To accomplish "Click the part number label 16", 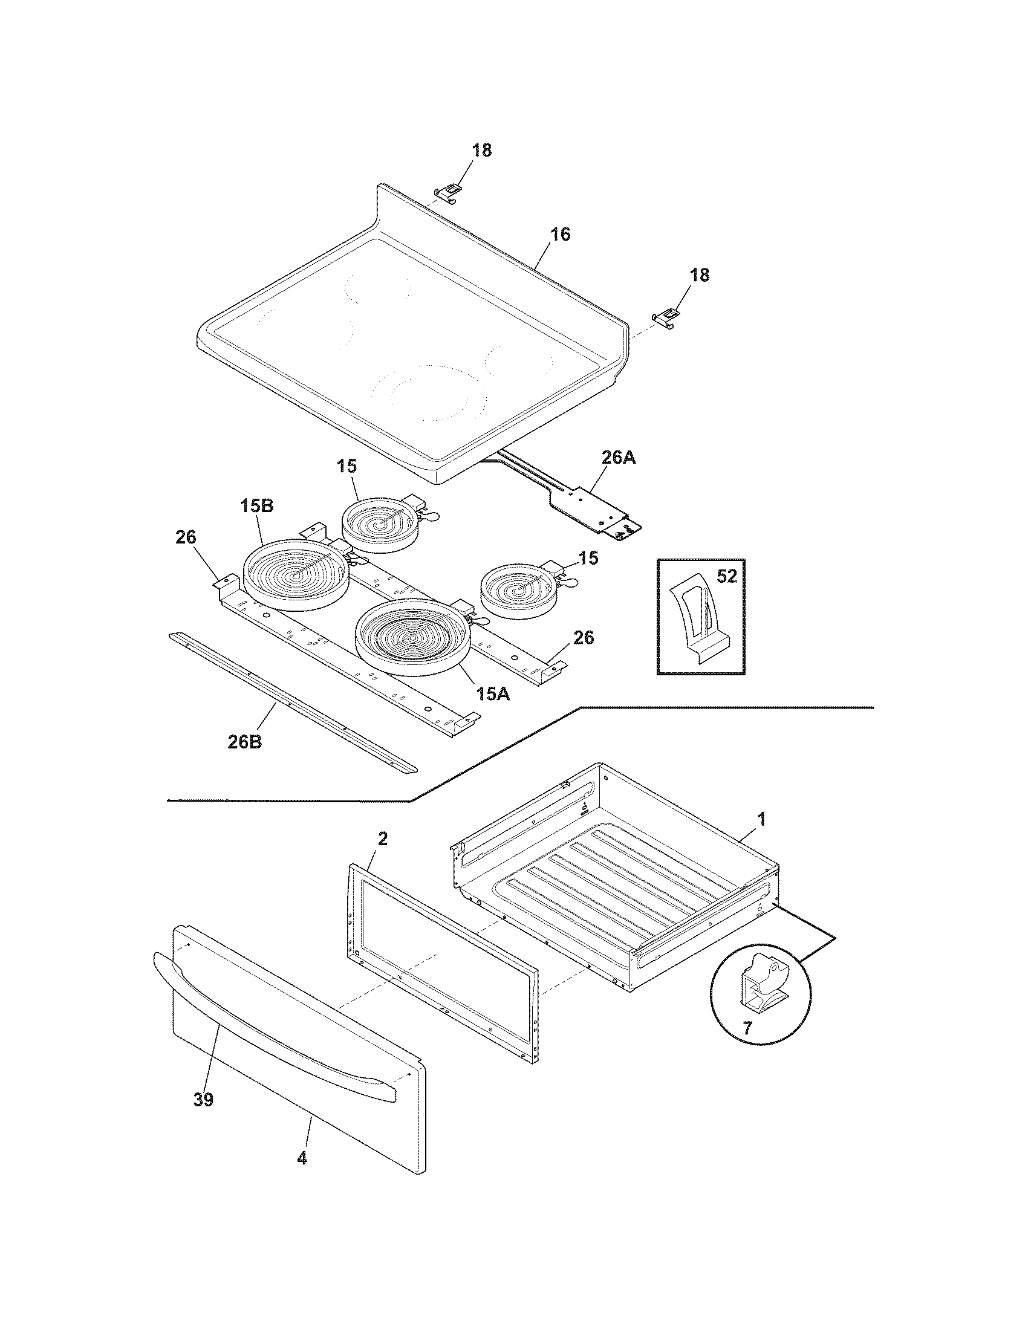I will click(x=561, y=235).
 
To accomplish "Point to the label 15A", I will click(x=493, y=693).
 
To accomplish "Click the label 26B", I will click(x=245, y=743).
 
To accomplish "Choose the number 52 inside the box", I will click(x=726, y=576).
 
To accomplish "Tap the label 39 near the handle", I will click(x=204, y=1100).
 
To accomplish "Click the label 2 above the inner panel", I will click(x=382, y=839).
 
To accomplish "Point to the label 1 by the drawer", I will click(x=761, y=819).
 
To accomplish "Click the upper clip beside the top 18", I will click(x=448, y=192).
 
